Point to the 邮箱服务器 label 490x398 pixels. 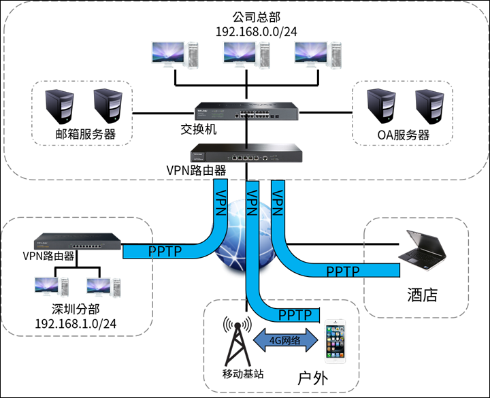pyautogui.click(x=86, y=134)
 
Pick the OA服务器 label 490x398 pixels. pyautogui.click(x=404, y=135)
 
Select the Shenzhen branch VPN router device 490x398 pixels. pyautogui.click(x=79, y=242)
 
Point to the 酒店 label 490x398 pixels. pyautogui.click(x=422, y=295)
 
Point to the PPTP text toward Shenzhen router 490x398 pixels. pyautogui.click(x=165, y=252)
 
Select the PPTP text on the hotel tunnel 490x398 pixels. pyautogui.click(x=343, y=271)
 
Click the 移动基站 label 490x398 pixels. pyautogui.click(x=243, y=374)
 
